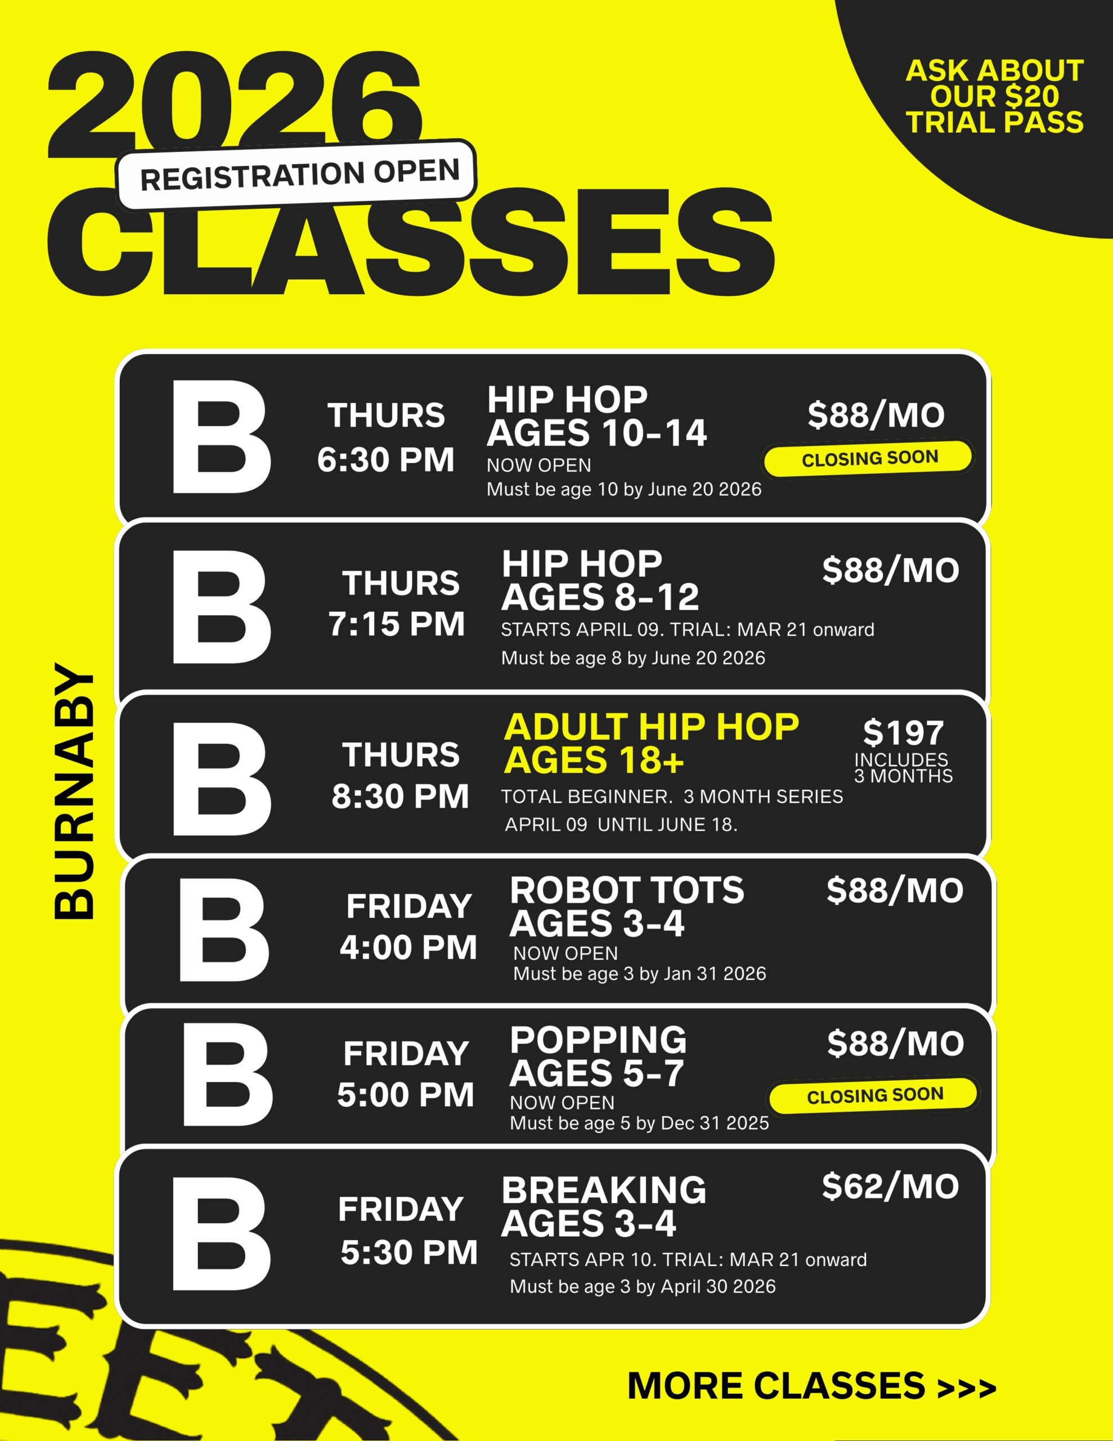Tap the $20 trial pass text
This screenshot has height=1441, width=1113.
click(994, 96)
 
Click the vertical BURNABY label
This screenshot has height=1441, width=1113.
click(74, 793)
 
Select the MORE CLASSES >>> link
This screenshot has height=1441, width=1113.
click(811, 1386)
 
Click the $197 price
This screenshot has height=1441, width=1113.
click(903, 733)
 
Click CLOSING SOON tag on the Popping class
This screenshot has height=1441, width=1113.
click(875, 1096)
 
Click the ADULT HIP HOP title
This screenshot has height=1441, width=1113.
click(651, 727)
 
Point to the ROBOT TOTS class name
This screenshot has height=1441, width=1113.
click(627, 890)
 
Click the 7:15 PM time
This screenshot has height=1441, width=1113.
click(397, 624)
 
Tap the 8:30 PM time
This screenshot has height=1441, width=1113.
click(401, 796)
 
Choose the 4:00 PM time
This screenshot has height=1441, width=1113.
click(409, 948)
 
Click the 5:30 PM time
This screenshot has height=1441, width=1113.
click(409, 1253)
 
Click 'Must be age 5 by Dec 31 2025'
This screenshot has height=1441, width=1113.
click(639, 1123)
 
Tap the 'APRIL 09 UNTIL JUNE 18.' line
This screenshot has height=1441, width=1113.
click(621, 825)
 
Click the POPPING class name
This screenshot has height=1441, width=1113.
click(598, 1040)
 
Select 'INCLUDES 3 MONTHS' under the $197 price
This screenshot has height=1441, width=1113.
click(903, 768)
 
